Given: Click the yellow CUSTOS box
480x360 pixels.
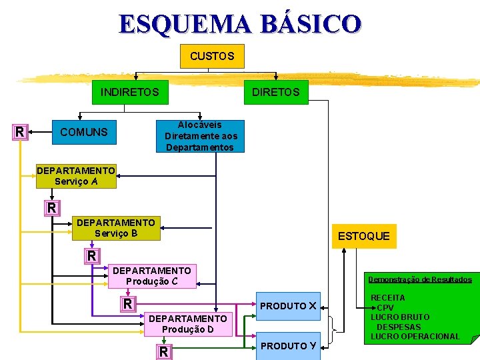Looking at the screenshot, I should click(212, 56).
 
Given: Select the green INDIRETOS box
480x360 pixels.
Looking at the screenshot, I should click(129, 92).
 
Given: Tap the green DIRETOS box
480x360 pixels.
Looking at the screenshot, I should click(275, 92).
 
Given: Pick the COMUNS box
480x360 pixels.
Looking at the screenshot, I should click(84, 132).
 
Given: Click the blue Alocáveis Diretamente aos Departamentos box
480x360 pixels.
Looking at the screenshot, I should click(200, 137).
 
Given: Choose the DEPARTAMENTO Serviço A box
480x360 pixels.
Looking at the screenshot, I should click(76, 176).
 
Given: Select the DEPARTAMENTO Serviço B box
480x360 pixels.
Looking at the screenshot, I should click(117, 228).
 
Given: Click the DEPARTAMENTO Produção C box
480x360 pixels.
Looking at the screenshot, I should click(152, 276).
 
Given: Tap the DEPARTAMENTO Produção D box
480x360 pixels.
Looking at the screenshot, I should click(188, 325).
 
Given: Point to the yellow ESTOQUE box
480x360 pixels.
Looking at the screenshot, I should click(363, 236).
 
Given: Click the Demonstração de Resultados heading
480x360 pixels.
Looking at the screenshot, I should click(419, 279).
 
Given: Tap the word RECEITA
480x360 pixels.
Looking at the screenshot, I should click(387, 297).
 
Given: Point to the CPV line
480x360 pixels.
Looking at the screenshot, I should click(385, 307).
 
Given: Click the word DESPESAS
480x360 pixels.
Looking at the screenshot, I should click(399, 327).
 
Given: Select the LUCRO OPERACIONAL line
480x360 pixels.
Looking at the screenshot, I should click(415, 336).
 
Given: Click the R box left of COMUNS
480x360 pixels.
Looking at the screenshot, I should click(20, 132).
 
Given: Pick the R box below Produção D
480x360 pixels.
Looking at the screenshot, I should click(163, 351).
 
